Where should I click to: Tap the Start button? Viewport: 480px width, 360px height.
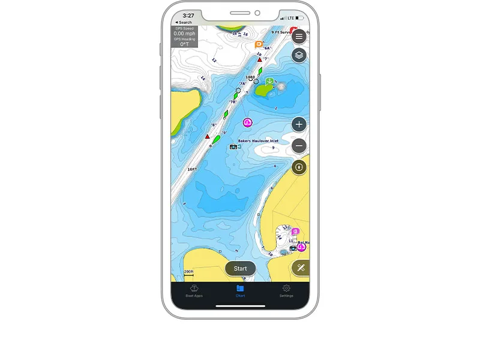pyautogui.click(x=240, y=268)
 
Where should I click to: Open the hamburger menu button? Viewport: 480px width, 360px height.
pyautogui.click(x=299, y=36)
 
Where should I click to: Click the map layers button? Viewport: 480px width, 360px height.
pyautogui.click(x=299, y=56)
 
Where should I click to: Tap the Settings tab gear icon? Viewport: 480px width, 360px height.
pyautogui.click(x=286, y=289)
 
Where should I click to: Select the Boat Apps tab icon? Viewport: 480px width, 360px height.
pyautogui.click(x=194, y=289)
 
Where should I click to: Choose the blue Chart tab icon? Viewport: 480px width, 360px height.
pyautogui.click(x=240, y=289)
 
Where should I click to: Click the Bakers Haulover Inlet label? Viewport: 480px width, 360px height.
pyautogui.click(x=258, y=141)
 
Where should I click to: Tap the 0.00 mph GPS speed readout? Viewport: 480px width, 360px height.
pyautogui.click(x=184, y=34)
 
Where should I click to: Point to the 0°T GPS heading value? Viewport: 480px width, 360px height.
pyautogui.click(x=184, y=44)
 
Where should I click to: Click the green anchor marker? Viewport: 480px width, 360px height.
pyautogui.click(x=270, y=81)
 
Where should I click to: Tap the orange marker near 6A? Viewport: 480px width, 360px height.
pyautogui.click(x=259, y=44)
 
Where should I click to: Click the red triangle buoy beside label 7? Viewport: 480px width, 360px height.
pyautogui.click(x=260, y=59)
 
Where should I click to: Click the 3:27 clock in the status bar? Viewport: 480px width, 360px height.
pyautogui.click(x=188, y=16)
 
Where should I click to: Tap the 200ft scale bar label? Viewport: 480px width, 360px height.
pyautogui.click(x=189, y=272)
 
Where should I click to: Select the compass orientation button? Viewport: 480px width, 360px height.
pyautogui.click(x=299, y=167)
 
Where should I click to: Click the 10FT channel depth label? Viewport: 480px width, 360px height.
pyautogui.click(x=192, y=169)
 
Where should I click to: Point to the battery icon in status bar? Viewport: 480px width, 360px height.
pyautogui.click(x=301, y=18)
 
